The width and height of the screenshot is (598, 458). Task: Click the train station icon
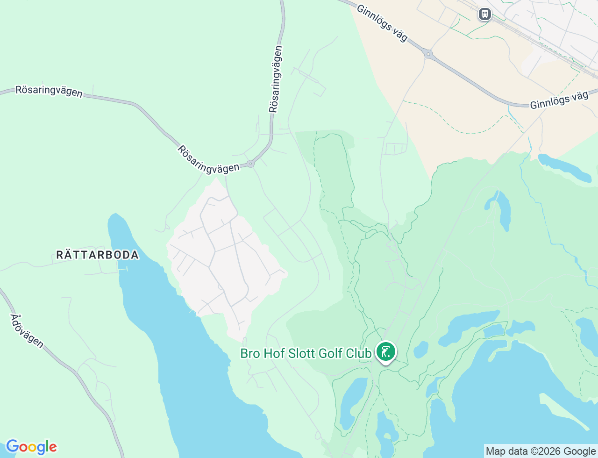click(485, 14)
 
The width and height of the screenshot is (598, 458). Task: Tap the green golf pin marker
click(386, 352)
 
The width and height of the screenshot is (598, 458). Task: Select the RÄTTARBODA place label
click(98, 255)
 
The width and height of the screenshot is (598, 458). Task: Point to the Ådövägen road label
click(27, 331)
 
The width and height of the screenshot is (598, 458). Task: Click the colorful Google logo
click(31, 447)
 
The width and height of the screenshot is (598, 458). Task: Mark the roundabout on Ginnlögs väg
click(428, 55)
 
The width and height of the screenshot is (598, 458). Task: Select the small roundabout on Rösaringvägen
click(251, 164)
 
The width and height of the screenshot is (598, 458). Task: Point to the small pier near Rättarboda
click(123, 269)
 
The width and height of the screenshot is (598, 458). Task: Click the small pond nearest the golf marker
click(421, 349)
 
